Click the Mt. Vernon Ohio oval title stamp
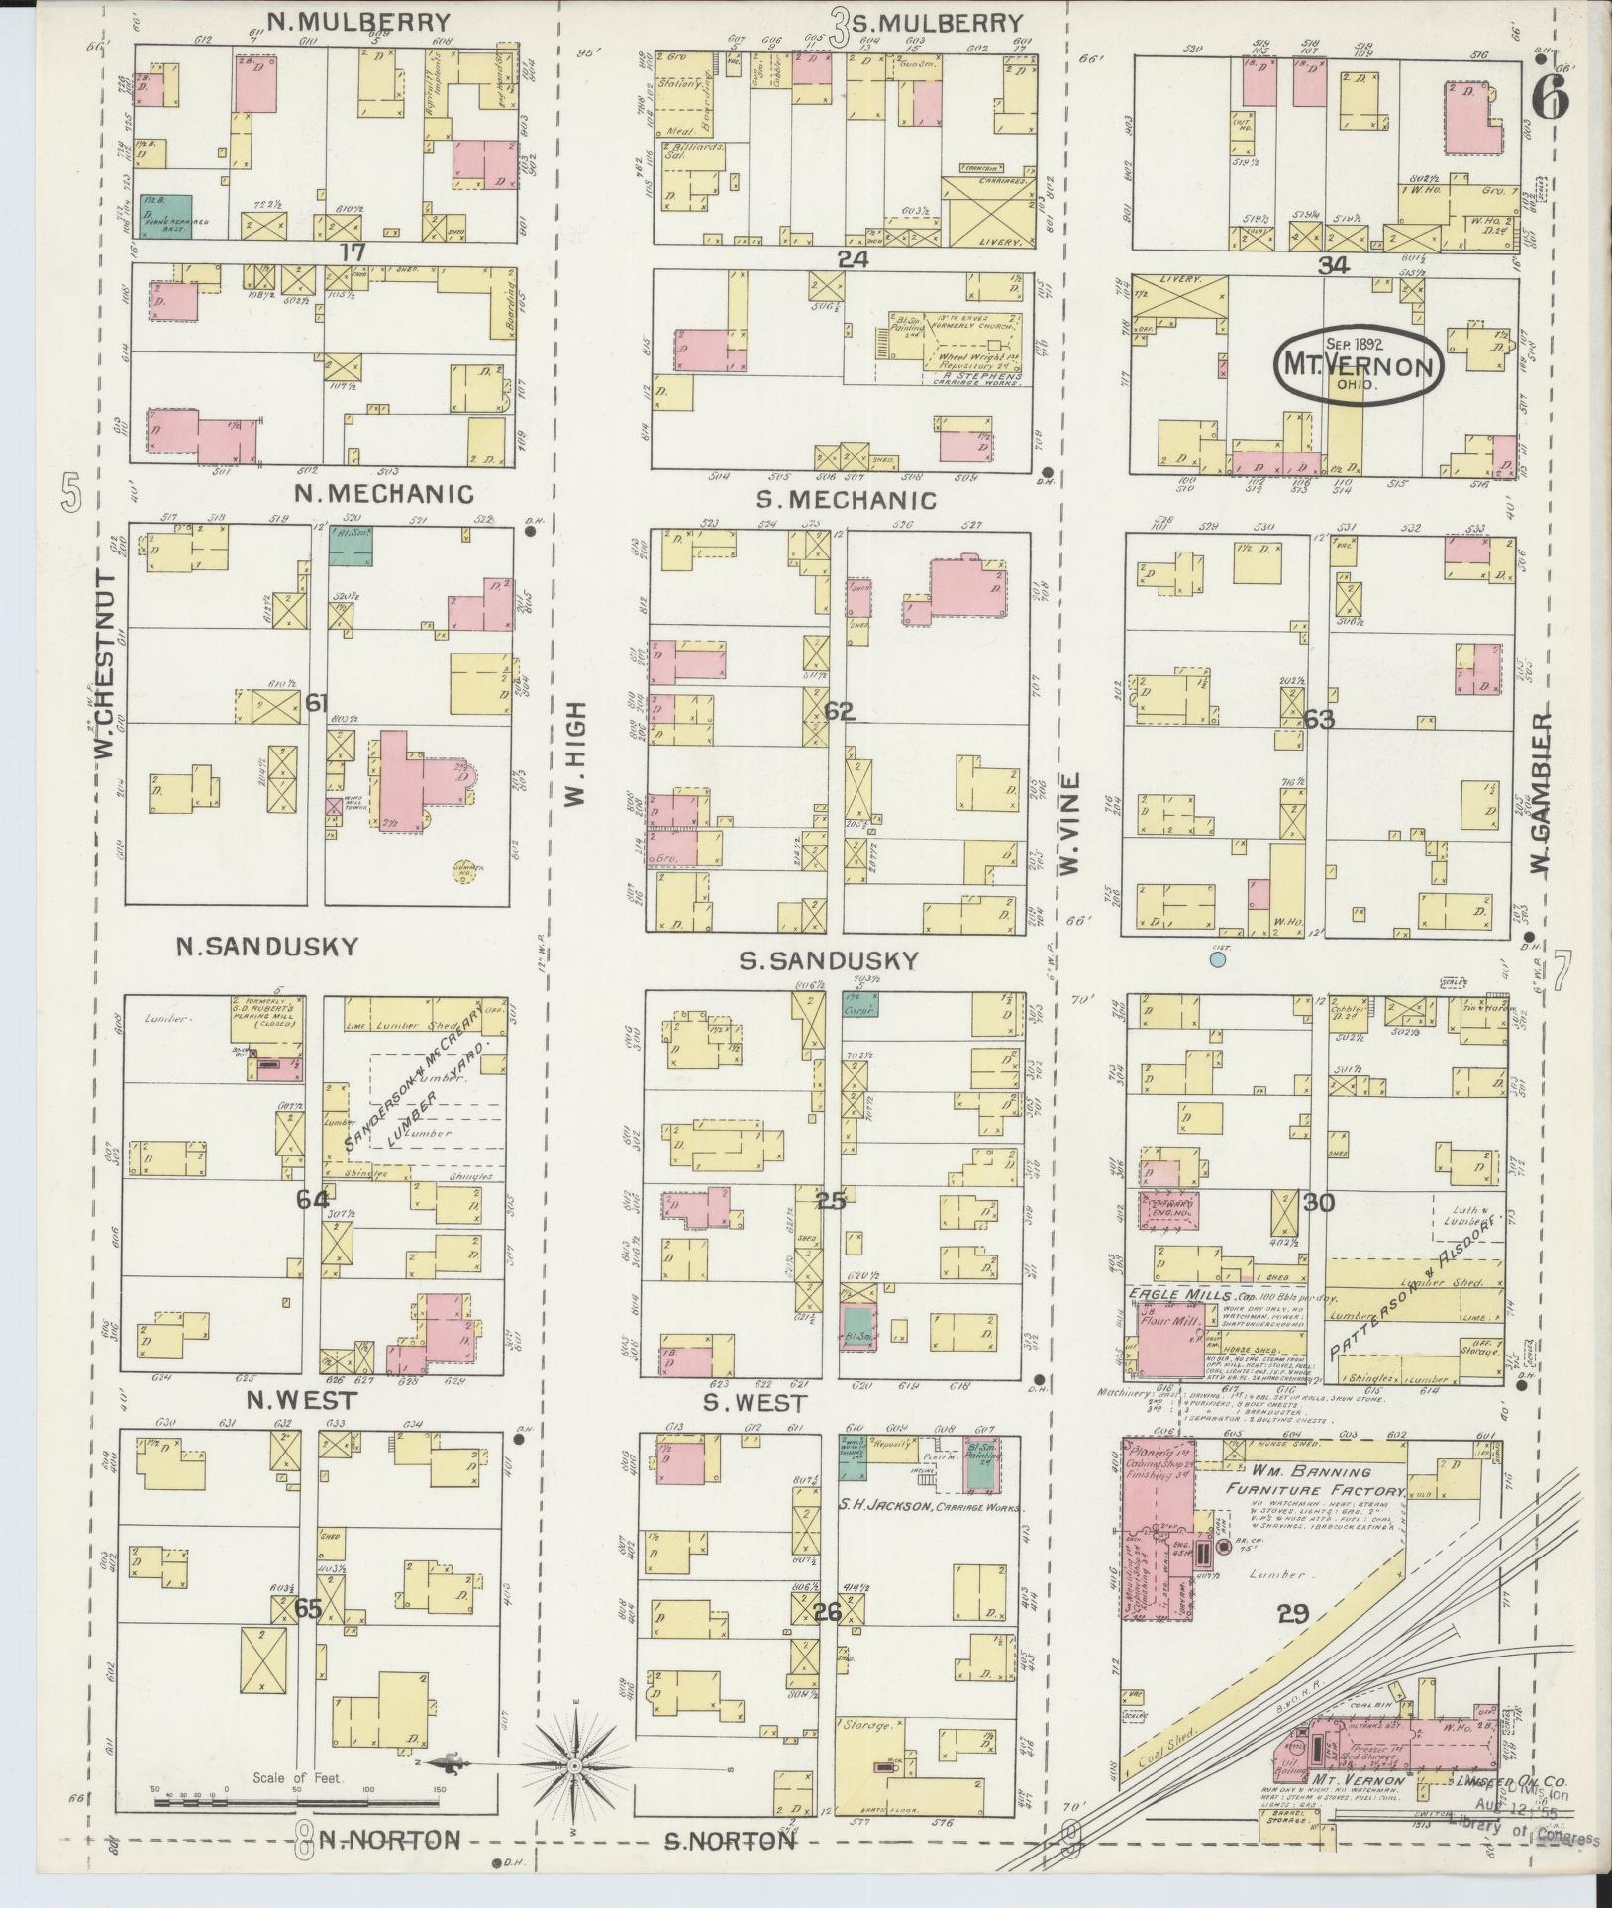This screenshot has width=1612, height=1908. pos(1358,364)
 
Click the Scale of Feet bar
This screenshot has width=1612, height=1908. pos(297,1802)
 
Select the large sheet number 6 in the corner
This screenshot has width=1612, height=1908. pos(1550,97)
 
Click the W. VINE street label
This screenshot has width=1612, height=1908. pos(1068,825)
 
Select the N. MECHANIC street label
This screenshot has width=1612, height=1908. pos(382,493)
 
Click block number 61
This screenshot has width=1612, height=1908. pos(317,703)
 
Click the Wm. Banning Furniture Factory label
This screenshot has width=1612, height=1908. pos(1314,1480)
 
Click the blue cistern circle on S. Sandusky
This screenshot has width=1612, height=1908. pos(1218,958)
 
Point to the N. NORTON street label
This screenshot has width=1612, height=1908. pos(388,1839)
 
